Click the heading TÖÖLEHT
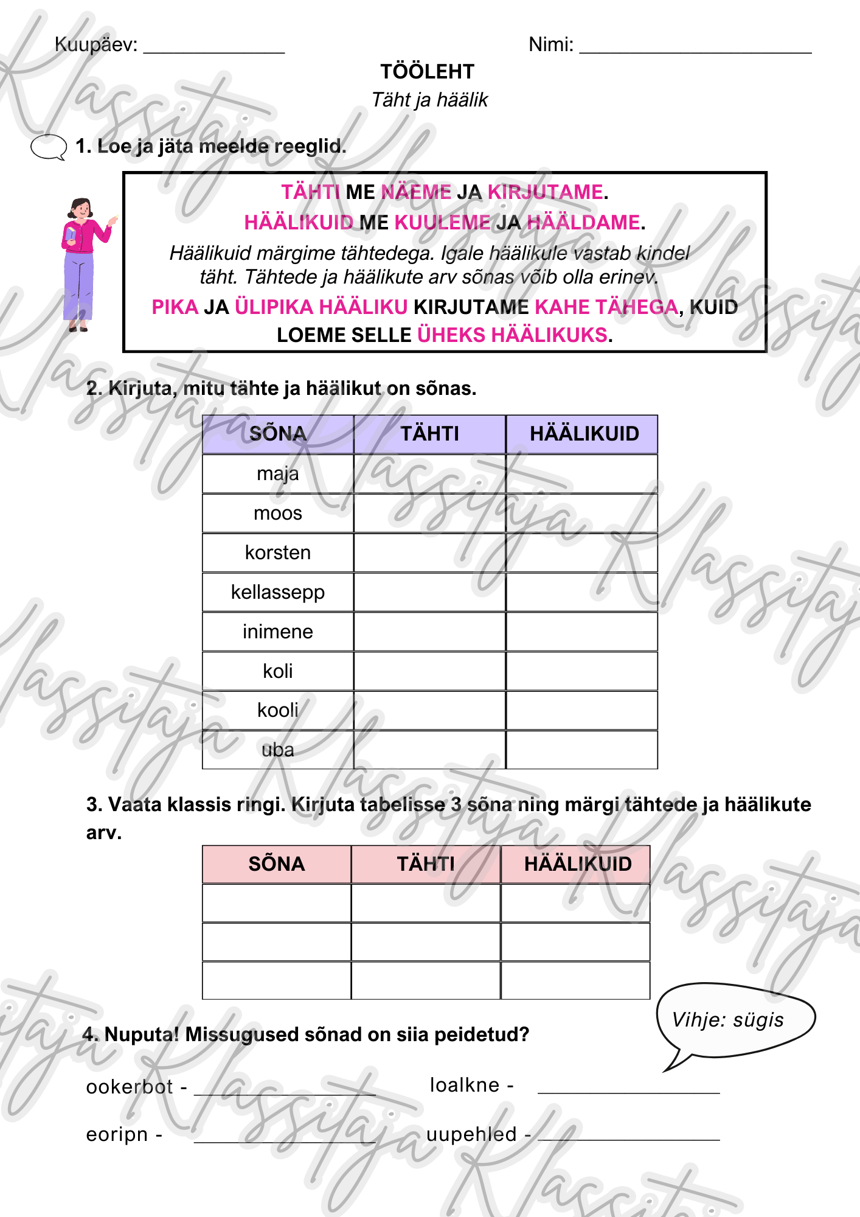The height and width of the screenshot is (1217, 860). click(427, 72)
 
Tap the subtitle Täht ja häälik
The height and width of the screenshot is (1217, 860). click(429, 100)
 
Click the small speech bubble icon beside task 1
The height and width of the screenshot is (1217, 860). click(48, 147)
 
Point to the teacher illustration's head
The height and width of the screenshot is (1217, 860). click(80, 208)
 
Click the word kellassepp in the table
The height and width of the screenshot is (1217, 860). click(277, 592)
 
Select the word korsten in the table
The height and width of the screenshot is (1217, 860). click(277, 553)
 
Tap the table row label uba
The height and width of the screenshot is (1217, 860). click(277, 750)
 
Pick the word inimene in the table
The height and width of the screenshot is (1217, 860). click(277, 632)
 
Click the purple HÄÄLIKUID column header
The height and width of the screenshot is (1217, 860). click(584, 434)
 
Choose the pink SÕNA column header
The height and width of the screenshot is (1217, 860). click(276, 864)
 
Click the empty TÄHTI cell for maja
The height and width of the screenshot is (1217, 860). click(429, 473)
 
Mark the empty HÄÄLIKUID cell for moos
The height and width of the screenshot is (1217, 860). click(581, 513)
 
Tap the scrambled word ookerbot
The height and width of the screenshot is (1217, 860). click(130, 1087)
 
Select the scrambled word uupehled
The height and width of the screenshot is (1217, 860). click(471, 1134)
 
